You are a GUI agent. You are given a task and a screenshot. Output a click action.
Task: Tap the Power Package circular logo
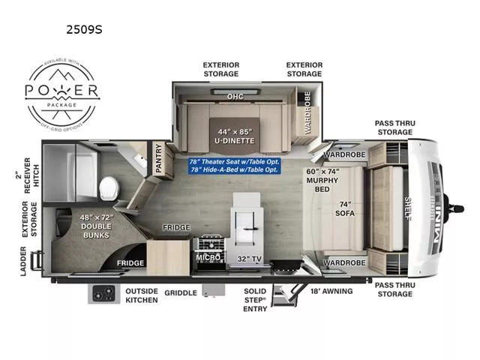coord(63,93)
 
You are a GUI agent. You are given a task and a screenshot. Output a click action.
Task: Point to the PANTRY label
coord(159,160)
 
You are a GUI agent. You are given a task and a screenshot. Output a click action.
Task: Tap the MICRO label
coord(208,256)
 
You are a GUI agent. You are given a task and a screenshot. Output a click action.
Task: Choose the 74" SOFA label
coord(344,209)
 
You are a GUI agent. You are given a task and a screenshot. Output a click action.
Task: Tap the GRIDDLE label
coord(180,293)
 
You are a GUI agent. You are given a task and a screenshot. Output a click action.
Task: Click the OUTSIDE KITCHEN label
coord(141,295)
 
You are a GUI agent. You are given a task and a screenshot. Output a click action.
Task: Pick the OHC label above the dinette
coord(235,97)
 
